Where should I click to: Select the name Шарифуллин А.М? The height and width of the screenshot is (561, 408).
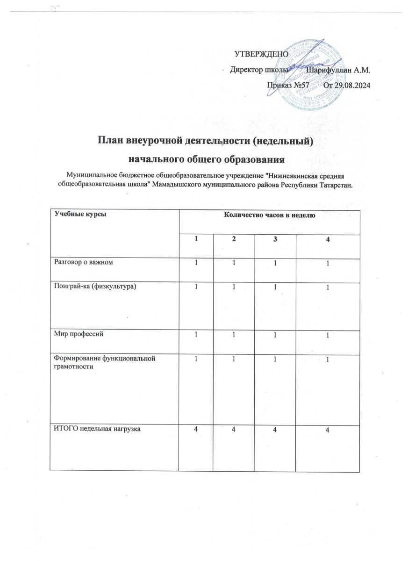(337, 70)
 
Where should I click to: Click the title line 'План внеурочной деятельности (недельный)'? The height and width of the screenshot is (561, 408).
(204, 140)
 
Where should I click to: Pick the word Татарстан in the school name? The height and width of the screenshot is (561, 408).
(336, 185)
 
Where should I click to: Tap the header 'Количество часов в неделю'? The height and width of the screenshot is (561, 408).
(270, 215)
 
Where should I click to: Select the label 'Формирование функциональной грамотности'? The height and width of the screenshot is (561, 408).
(102, 362)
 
